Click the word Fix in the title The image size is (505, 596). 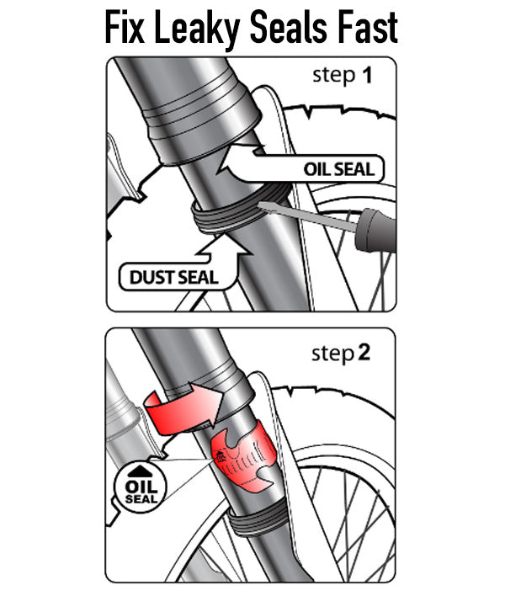[125, 28]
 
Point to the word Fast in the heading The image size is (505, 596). [368, 28]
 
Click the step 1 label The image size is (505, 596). [342, 76]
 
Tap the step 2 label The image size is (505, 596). [341, 353]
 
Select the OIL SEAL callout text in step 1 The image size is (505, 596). [339, 169]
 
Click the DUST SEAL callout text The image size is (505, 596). [174, 278]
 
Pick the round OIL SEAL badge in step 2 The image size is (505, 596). [141, 487]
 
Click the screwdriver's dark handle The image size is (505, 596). [376, 231]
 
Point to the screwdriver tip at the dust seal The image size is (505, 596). [260, 205]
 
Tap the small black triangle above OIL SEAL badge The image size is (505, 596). [140, 471]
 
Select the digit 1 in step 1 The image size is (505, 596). [367, 75]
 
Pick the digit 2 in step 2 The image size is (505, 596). [364, 353]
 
